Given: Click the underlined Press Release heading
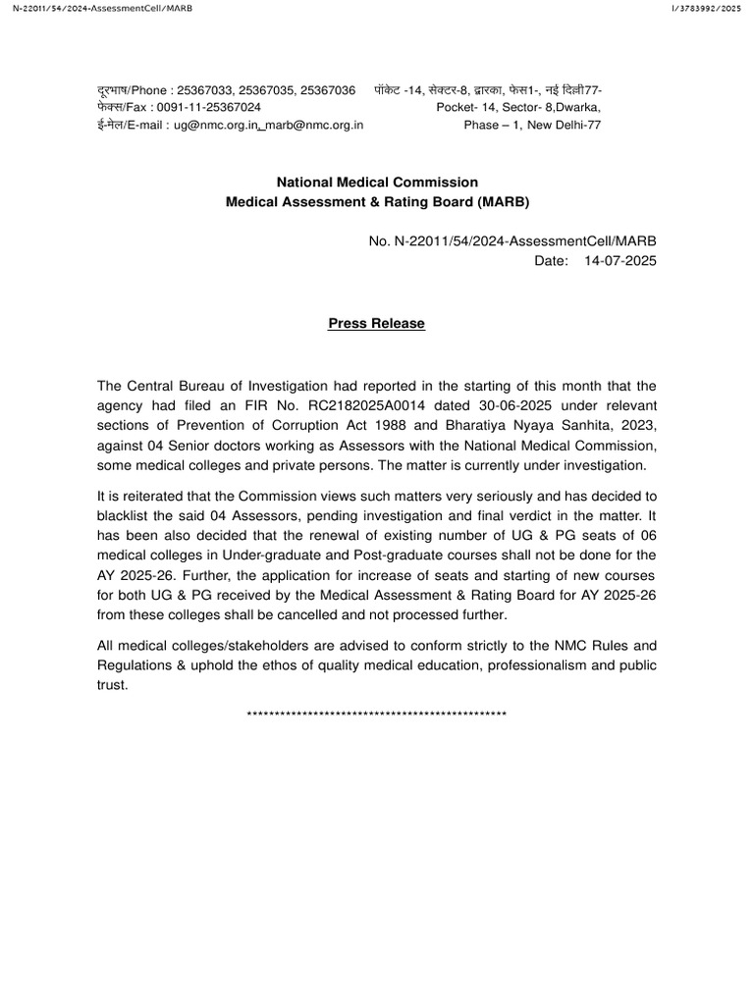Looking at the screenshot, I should point(376,324).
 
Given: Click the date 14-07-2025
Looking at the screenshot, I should point(620,261).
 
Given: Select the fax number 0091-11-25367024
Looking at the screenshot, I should point(209,107).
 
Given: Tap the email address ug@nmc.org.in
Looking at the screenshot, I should point(215,125).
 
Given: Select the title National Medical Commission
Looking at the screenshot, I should point(377,182).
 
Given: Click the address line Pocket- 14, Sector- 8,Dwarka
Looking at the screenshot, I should point(519,107).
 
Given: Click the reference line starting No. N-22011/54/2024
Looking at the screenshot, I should point(510,241).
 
